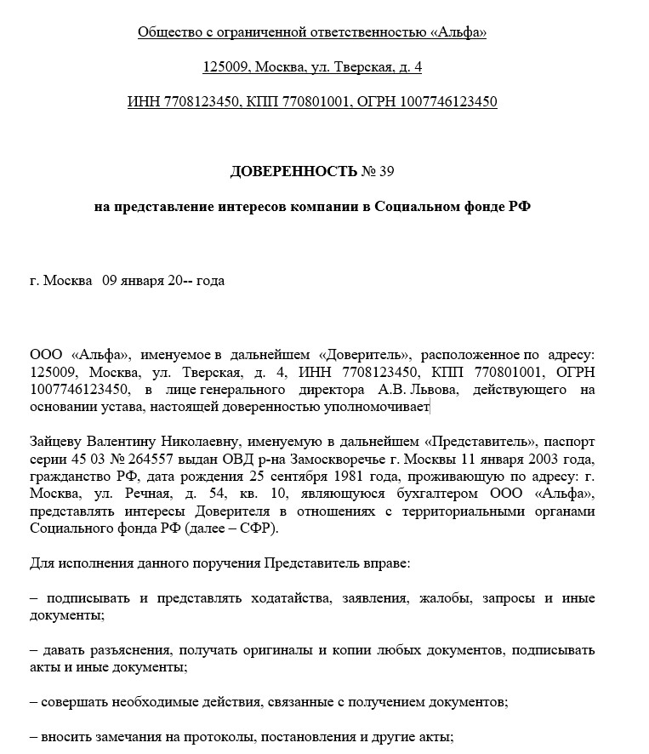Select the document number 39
pos(386,172)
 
